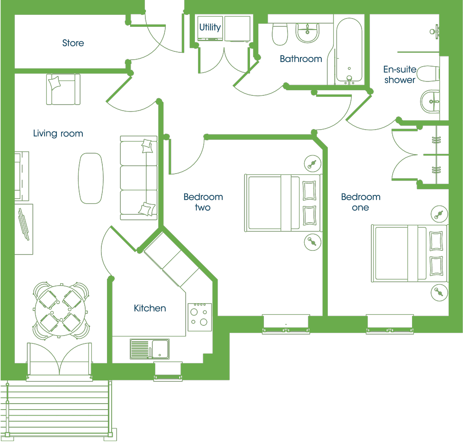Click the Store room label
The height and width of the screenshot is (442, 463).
point(73,43)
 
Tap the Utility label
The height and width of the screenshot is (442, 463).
point(210,27)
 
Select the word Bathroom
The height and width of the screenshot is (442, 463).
point(301,59)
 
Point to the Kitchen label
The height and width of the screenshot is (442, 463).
point(150,308)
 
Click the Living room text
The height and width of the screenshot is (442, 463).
point(58,133)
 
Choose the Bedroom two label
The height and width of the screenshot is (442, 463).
point(203,202)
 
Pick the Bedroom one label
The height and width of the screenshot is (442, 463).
point(361,202)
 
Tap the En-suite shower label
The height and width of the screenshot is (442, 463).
point(400,75)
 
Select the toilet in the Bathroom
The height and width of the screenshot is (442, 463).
point(280,34)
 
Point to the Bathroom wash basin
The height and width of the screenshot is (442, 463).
point(307,33)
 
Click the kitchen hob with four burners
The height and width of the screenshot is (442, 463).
point(200,317)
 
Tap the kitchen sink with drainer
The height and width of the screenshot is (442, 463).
point(150,349)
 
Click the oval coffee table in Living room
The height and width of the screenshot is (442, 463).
point(91,178)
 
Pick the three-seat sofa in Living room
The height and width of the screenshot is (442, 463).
point(138,178)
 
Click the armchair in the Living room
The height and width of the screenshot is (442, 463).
point(63,89)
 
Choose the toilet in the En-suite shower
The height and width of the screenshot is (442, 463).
point(428,74)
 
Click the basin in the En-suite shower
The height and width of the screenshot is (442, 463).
point(430,101)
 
